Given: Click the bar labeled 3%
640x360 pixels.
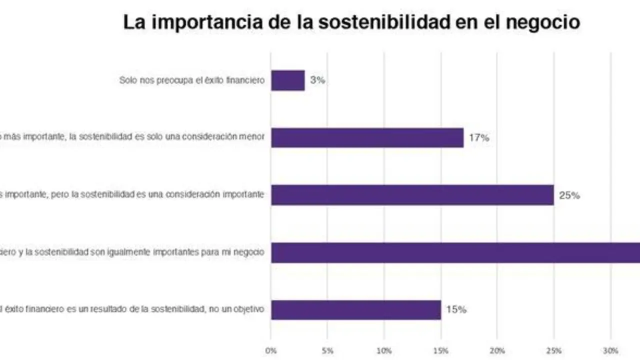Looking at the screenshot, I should pos(287,80).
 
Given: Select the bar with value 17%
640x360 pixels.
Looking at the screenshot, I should pos(367,137).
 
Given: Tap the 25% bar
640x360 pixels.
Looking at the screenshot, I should pos(412,195).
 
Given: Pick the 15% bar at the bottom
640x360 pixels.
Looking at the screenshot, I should pos(355,309).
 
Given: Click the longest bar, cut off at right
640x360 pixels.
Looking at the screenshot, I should pos(455,252).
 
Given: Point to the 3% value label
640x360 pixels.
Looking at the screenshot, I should pos(317,80).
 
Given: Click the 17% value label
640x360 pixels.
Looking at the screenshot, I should pos(478,138).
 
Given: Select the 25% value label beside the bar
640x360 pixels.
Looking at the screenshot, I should pos(569,195).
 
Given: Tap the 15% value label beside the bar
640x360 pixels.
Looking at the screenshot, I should pos(456,310).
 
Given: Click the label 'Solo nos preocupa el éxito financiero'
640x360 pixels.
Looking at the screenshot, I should pos(191,80).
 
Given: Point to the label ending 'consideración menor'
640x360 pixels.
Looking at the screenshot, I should pos(132,137).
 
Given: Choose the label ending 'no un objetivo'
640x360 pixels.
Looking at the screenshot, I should pos(132,309).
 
